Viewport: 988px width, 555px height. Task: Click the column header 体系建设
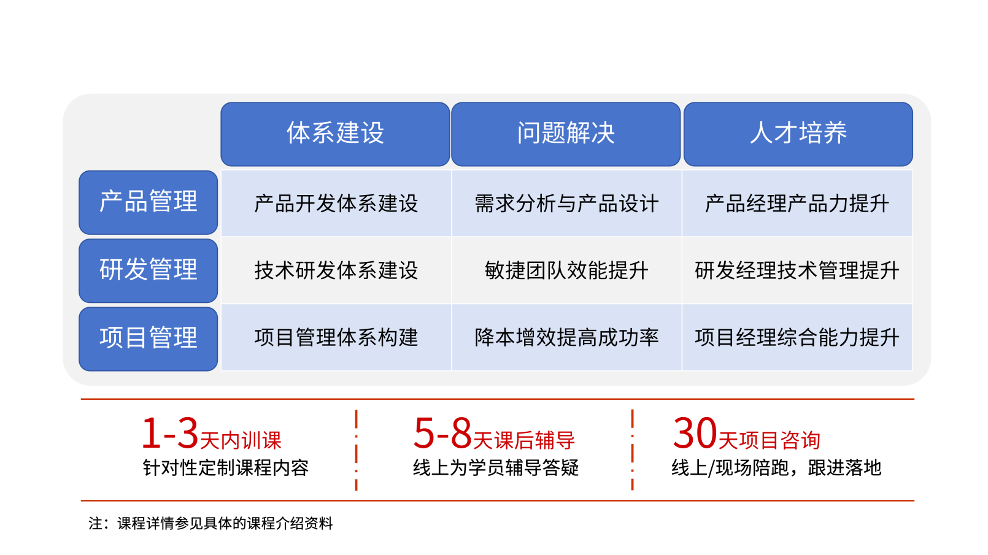click(x=335, y=134)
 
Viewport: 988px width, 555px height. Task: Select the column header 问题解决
click(x=566, y=134)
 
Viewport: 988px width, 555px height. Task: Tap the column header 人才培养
click(x=798, y=134)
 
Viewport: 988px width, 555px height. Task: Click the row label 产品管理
click(x=149, y=202)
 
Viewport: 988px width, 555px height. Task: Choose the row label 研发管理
click(x=149, y=270)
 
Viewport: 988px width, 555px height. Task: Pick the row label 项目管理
click(x=149, y=339)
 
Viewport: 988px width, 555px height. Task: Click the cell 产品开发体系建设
click(x=336, y=204)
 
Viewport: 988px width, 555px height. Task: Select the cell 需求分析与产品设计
click(x=567, y=204)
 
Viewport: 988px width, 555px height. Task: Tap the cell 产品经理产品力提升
click(x=797, y=204)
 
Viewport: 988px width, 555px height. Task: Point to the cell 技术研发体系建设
click(x=336, y=270)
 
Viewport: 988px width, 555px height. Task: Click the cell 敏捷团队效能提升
click(x=567, y=270)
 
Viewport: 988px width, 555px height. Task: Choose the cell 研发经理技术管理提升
click(x=797, y=270)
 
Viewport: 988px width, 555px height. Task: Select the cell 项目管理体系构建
click(x=336, y=337)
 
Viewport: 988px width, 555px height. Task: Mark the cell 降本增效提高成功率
click(x=567, y=337)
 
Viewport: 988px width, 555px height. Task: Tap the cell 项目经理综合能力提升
click(x=797, y=337)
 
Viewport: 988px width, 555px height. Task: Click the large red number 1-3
click(x=170, y=433)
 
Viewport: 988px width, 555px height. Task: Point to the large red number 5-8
click(x=443, y=433)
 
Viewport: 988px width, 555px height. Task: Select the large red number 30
click(x=695, y=433)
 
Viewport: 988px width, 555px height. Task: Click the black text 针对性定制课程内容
click(x=225, y=468)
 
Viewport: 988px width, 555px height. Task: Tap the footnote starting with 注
click(x=210, y=524)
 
